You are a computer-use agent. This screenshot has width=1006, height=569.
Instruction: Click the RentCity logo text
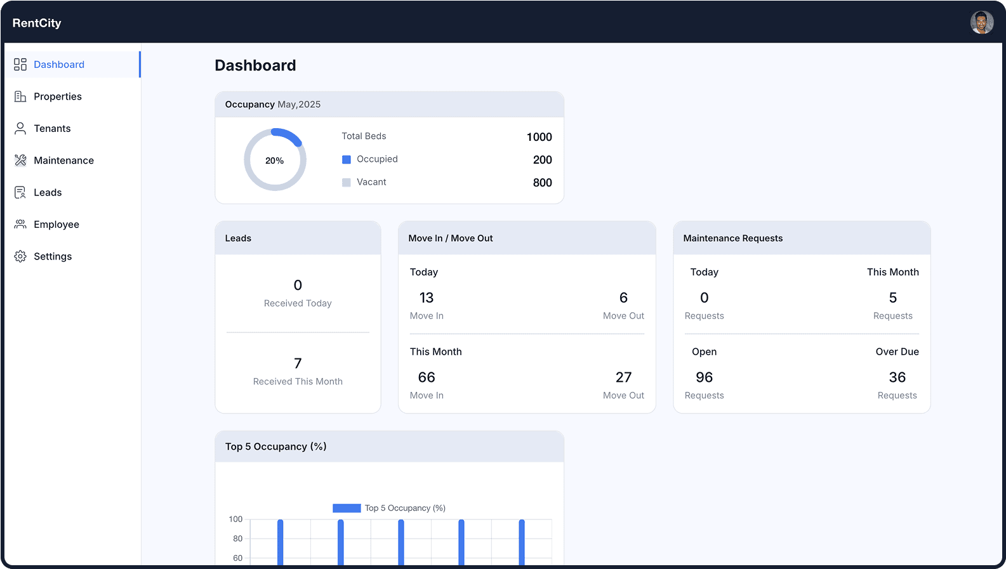(x=37, y=23)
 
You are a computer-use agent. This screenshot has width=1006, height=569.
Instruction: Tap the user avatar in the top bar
(x=981, y=23)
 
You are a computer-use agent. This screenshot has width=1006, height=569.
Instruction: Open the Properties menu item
(x=57, y=96)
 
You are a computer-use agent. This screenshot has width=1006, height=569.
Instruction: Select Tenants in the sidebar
(x=52, y=128)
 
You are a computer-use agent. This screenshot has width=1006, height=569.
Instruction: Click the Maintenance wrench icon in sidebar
(x=20, y=160)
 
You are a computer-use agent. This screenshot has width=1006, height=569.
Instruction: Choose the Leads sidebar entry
(x=48, y=192)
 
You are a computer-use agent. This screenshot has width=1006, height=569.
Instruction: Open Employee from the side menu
(x=56, y=225)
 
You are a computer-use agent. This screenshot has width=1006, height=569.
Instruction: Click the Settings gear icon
(x=20, y=256)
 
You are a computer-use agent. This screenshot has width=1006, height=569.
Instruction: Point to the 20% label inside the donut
(x=274, y=160)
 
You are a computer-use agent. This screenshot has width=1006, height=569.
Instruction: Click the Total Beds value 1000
(x=539, y=137)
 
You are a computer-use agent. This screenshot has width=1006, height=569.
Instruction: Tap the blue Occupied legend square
(x=347, y=159)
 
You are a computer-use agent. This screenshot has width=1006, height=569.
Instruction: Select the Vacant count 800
(x=542, y=183)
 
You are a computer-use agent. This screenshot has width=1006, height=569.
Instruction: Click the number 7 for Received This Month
(x=298, y=363)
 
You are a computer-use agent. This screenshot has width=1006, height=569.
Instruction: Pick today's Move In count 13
(x=427, y=298)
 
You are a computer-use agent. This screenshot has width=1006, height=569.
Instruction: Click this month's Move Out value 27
(x=623, y=377)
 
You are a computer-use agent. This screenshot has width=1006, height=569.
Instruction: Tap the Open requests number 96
(x=704, y=377)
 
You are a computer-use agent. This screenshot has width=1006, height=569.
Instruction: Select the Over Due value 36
(x=897, y=377)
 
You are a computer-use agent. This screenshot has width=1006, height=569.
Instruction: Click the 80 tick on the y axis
(x=237, y=539)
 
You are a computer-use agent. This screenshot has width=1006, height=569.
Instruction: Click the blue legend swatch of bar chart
(x=347, y=508)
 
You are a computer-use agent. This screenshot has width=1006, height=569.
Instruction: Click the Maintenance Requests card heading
(x=732, y=239)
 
